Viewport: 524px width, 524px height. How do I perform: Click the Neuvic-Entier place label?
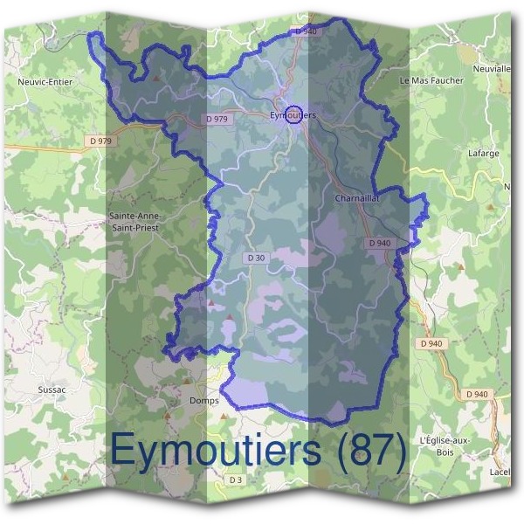click(45, 81)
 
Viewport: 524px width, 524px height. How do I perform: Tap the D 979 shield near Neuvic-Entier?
click(100, 141)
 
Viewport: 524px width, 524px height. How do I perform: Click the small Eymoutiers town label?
click(293, 115)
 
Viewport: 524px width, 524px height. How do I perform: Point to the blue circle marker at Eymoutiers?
click(294, 114)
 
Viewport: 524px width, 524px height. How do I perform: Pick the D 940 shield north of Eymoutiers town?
click(306, 31)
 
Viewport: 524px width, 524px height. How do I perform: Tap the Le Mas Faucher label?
click(431, 80)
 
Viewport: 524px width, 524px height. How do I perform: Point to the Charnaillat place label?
click(355, 198)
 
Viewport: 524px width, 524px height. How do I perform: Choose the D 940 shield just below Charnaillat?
click(380, 242)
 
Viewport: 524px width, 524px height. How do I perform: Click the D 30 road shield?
click(256, 258)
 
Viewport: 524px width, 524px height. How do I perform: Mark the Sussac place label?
click(52, 389)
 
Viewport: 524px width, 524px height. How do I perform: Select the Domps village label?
click(203, 400)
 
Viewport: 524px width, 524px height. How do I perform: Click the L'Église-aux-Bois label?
click(445, 445)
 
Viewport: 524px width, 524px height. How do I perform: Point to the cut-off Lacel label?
click(500, 472)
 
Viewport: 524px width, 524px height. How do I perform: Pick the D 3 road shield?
click(235, 480)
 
